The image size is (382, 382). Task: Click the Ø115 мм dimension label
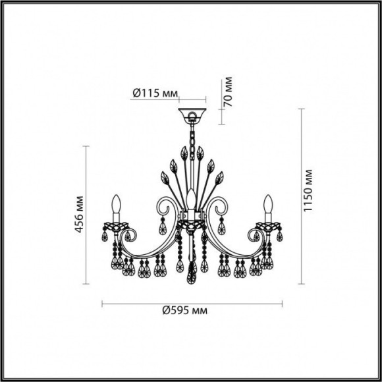pyautogui.click(x=155, y=94)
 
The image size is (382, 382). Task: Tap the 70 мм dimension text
pyautogui.click(x=229, y=93)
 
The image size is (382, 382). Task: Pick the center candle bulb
pyautogui.click(x=192, y=198)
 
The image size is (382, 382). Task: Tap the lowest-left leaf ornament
pyautogui.click(x=164, y=178)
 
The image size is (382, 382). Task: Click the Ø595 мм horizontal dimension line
pyautogui.click(x=192, y=304)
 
